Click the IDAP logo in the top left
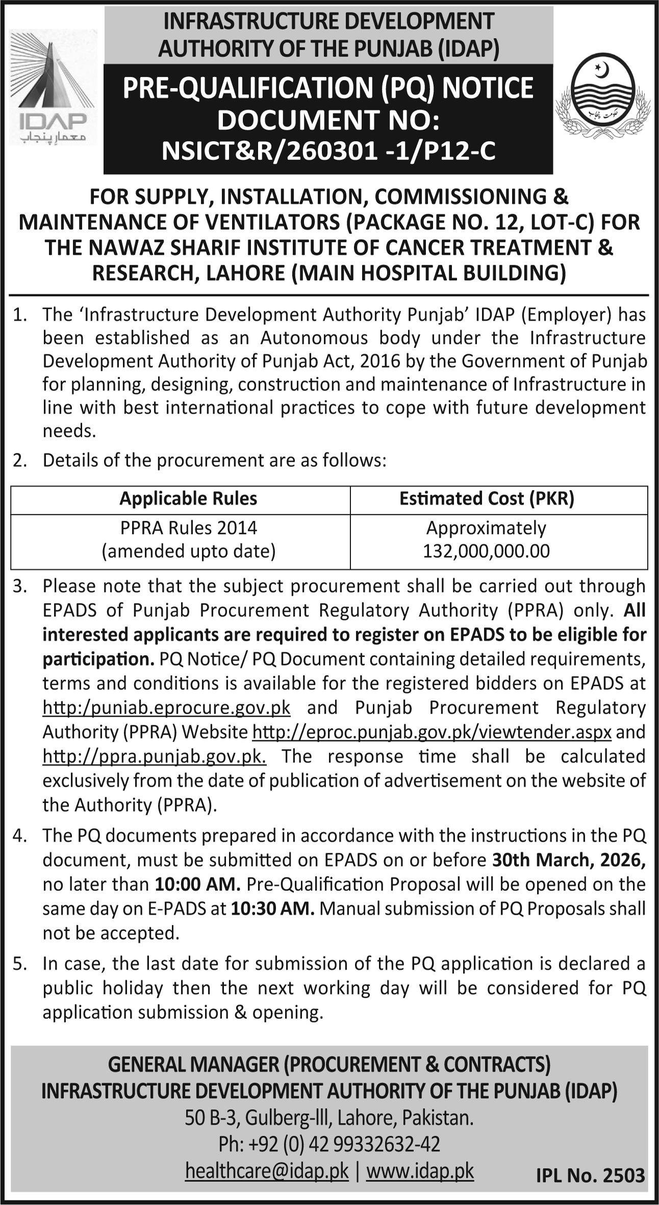click(x=53, y=87)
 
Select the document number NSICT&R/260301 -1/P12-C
click(x=328, y=152)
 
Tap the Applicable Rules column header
click(x=188, y=498)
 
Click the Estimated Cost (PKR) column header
click(x=487, y=498)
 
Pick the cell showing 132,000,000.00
click(x=486, y=551)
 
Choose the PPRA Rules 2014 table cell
click(x=188, y=528)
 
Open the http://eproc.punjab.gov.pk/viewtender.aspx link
click(x=432, y=732)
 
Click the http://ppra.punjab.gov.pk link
click(x=154, y=756)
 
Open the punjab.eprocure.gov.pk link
click(x=166, y=708)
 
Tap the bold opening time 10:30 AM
click(x=272, y=909)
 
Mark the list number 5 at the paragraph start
click(x=18, y=964)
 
